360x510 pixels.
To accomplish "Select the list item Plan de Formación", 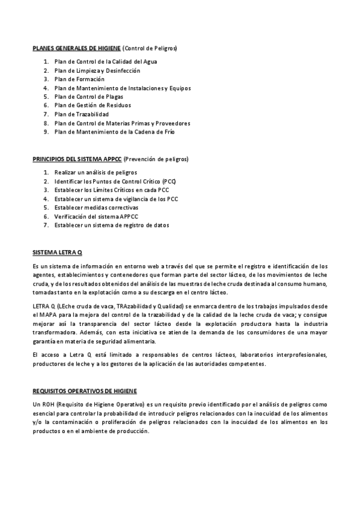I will pos(79,79).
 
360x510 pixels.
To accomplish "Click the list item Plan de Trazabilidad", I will pos(81,114).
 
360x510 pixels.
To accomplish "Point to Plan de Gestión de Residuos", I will pos(92,105).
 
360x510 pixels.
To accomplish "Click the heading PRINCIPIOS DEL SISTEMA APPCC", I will pos(76,159).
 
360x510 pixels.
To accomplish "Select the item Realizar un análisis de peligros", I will pos(95,173).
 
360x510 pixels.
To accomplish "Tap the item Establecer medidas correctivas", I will pos(95,207).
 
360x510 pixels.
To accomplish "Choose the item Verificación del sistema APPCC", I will pos(96,217).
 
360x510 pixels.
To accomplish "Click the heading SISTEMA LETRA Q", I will pos(56,252).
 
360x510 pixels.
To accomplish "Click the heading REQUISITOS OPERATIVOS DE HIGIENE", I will pos(84,374).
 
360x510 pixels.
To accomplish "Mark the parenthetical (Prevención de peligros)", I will pos(156,159).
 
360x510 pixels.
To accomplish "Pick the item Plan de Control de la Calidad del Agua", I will pos(106,62).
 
